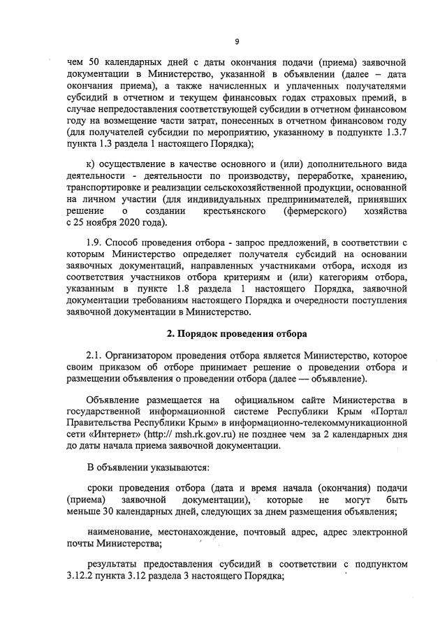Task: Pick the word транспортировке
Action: (x=105, y=187)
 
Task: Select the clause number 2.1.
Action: (x=95, y=356)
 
